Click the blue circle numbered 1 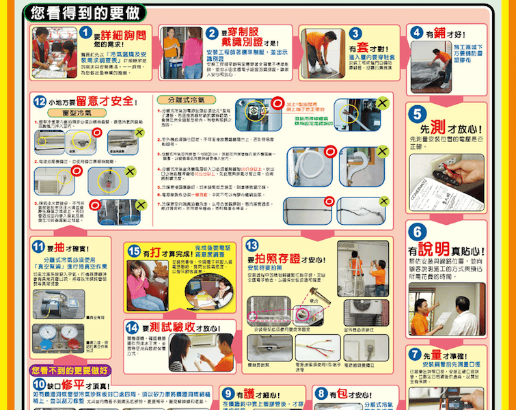(85, 33)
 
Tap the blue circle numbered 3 (355, 33)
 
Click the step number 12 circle (40, 101)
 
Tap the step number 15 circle (134, 251)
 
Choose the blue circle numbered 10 (40, 385)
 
